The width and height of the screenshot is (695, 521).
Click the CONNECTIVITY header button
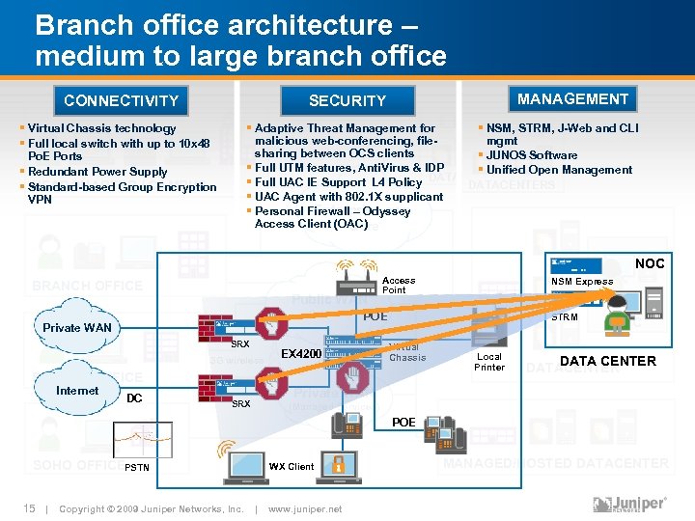click(121, 100)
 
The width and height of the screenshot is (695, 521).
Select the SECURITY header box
click(347, 100)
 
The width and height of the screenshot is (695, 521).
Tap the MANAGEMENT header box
click(572, 98)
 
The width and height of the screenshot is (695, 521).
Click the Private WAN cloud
click(77, 327)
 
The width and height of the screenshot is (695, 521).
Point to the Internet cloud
click(77, 391)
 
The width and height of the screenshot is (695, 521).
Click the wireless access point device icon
click(357, 281)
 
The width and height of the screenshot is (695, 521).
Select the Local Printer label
click(489, 361)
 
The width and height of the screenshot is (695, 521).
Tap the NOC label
click(650, 263)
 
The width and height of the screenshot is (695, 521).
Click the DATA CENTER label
click(608, 361)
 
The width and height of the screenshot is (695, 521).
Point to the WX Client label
click(291, 467)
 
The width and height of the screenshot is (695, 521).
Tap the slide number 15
click(29, 508)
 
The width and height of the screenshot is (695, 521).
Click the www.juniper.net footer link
click(305, 508)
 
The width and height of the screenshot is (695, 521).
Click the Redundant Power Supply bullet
click(97, 172)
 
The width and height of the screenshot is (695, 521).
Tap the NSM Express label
click(581, 282)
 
